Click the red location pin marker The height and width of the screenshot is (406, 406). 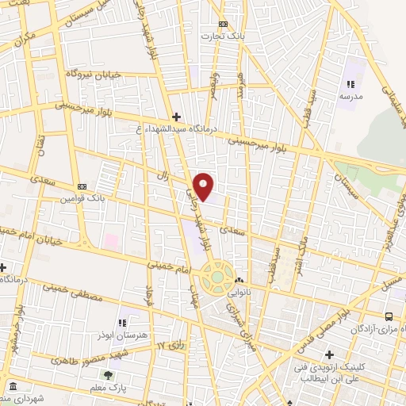204,186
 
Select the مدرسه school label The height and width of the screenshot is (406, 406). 350,95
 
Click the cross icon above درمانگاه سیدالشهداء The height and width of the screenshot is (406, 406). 175,117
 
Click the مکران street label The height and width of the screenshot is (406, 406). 25,40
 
